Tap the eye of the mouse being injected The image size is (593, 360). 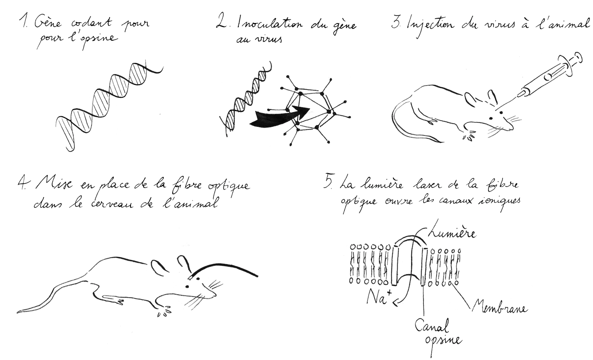click(x=491, y=118)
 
